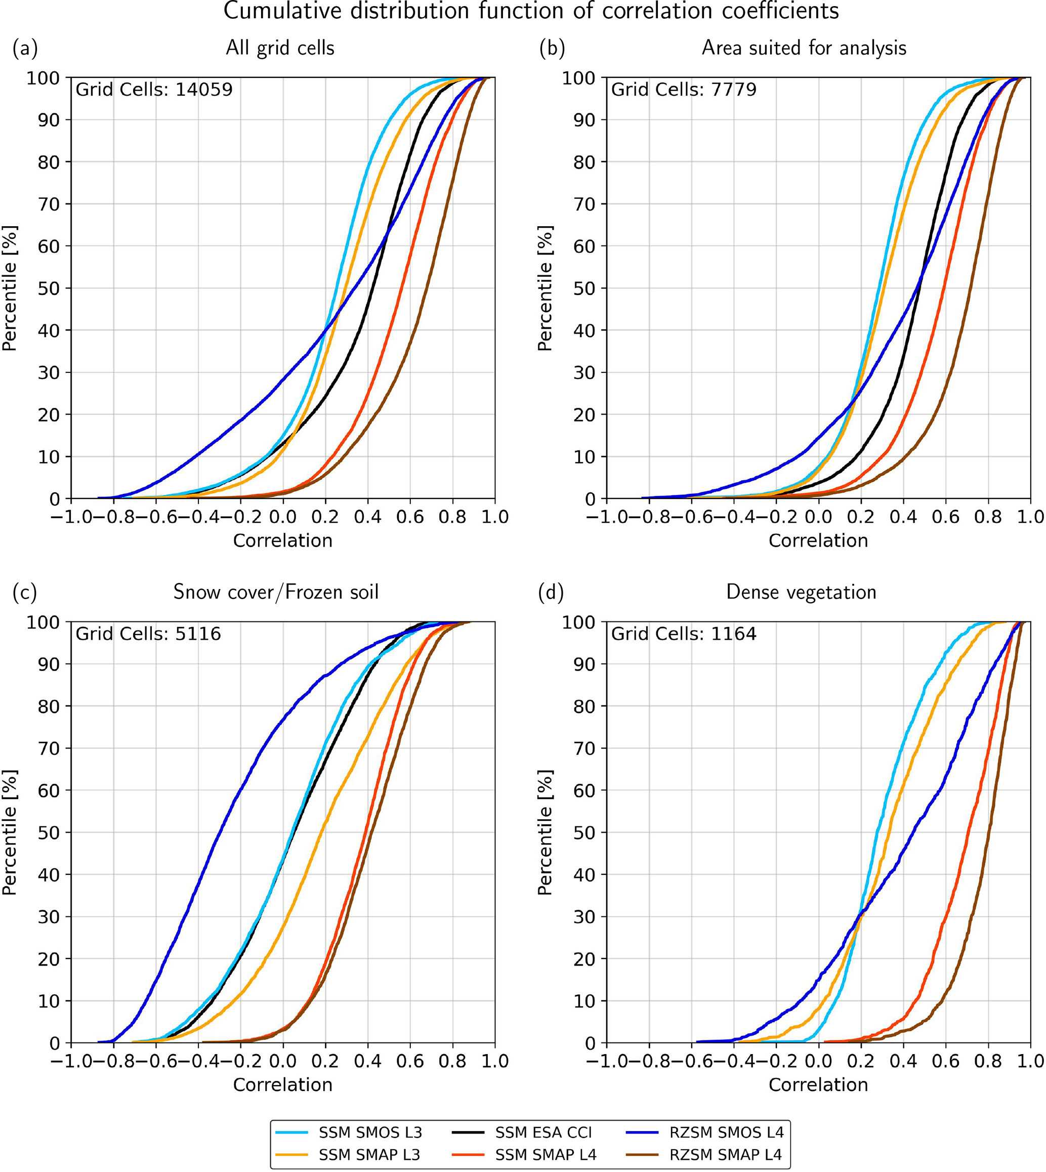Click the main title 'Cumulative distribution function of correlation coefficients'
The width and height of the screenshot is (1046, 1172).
click(x=531, y=12)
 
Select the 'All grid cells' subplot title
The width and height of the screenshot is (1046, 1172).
click(x=280, y=48)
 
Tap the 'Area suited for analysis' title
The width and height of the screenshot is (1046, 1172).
click(x=804, y=48)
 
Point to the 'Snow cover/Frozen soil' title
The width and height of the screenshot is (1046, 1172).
click(x=276, y=592)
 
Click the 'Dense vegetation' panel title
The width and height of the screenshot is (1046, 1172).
click(x=801, y=592)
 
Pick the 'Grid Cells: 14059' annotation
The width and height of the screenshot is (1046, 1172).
click(x=154, y=90)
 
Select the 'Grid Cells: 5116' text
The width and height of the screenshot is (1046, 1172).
click(x=148, y=634)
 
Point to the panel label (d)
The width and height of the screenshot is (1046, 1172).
click(x=551, y=593)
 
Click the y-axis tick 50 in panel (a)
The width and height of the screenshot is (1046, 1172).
click(x=49, y=288)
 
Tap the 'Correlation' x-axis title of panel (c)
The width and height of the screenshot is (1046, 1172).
click(x=283, y=1084)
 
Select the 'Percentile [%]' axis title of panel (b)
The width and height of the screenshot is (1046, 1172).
click(x=545, y=288)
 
